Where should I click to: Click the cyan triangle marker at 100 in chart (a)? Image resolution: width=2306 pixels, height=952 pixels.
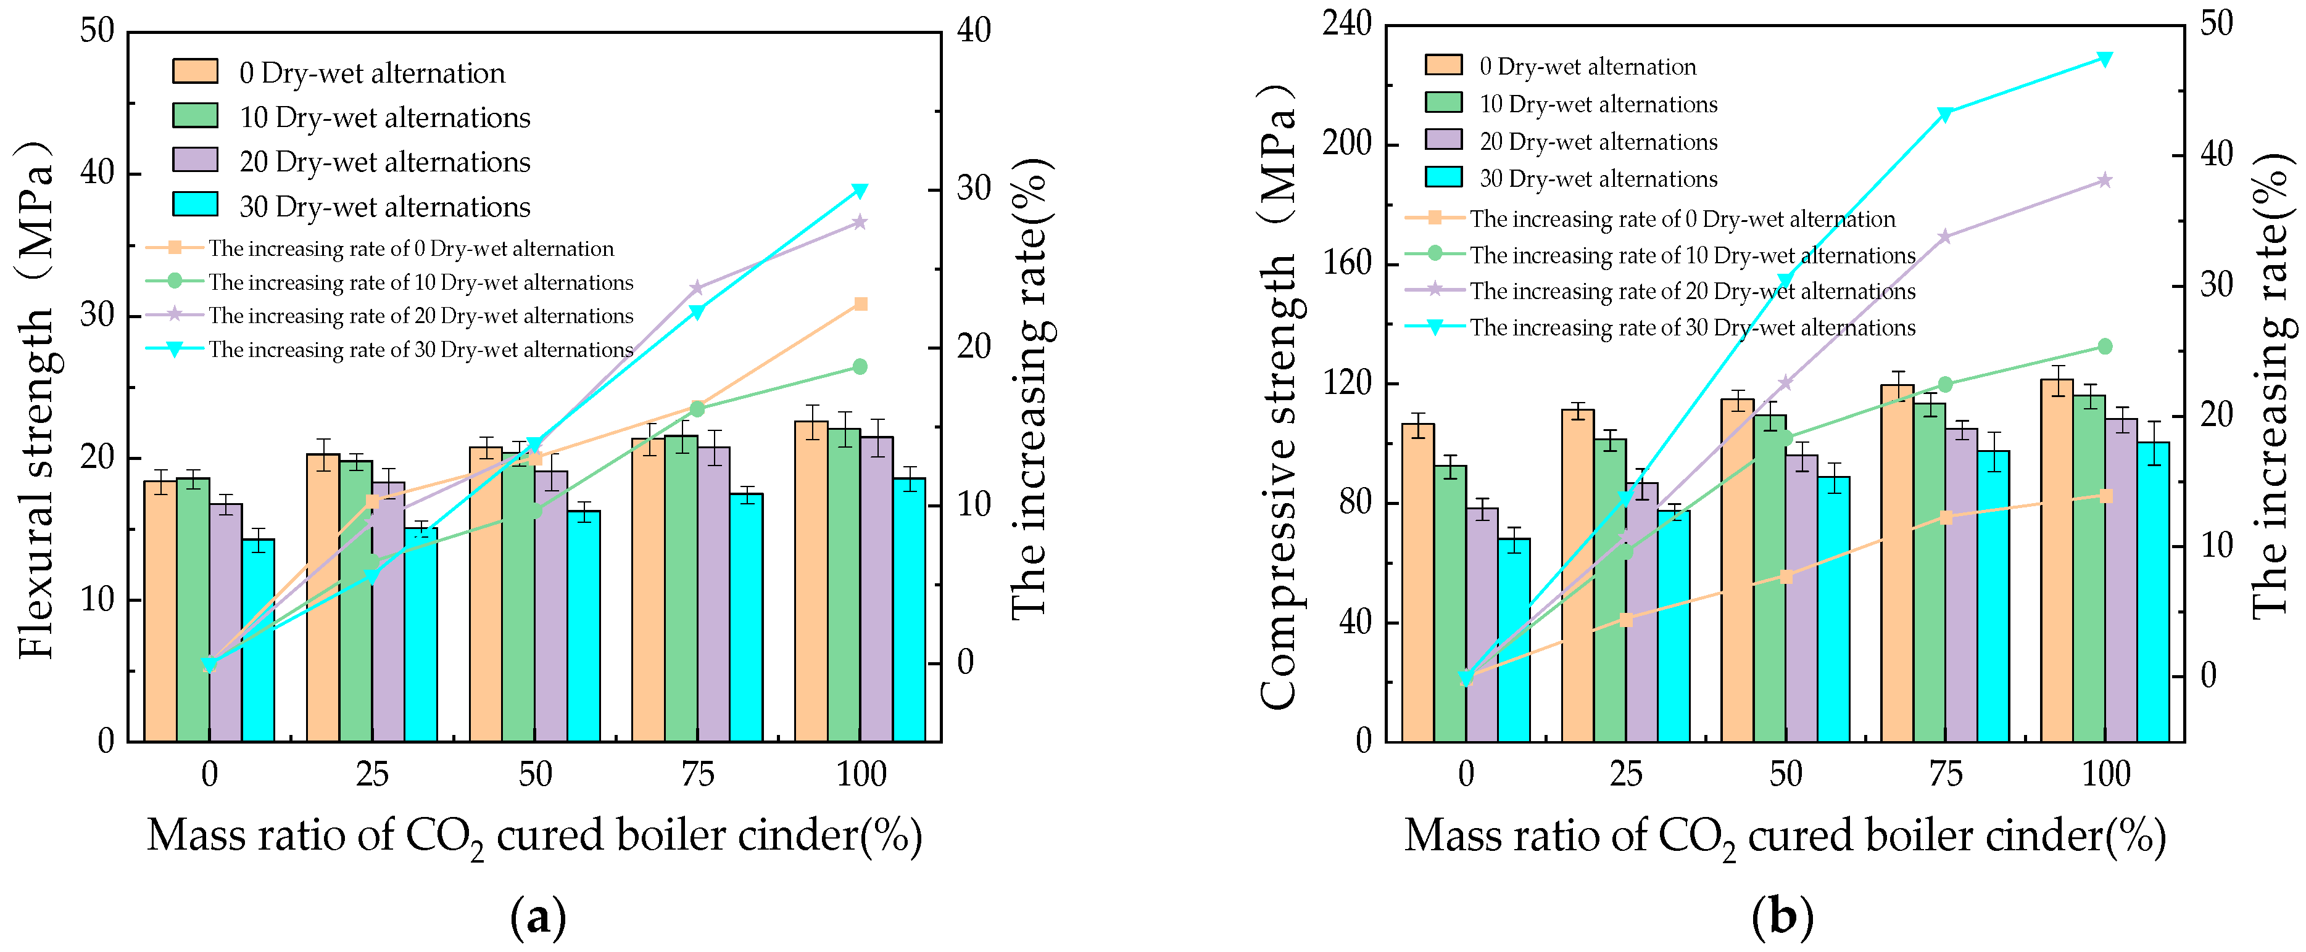[x=860, y=191]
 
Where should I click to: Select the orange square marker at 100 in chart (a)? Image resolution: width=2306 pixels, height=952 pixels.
[x=860, y=304]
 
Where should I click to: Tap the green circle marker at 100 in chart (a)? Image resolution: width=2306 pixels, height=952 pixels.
[x=860, y=367]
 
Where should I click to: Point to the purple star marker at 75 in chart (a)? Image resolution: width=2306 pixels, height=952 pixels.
[x=697, y=288]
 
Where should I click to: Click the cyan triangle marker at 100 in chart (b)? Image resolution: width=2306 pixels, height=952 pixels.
[x=2105, y=59]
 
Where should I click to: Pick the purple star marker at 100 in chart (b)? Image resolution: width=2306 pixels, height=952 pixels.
[x=2105, y=181]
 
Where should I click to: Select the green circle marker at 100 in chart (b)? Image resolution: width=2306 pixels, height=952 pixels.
[x=2105, y=347]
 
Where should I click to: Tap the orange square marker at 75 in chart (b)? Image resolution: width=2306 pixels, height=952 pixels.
[x=1944, y=517]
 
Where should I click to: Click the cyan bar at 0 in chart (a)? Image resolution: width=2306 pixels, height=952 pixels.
[x=258, y=640]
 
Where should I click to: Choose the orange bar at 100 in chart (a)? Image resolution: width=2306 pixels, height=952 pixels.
[x=811, y=581]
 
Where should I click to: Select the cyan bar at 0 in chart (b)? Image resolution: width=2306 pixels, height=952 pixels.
[x=1514, y=640]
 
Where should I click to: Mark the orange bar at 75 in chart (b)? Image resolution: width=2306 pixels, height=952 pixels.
[x=1896, y=564]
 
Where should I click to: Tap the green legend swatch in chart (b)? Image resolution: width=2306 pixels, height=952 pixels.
[x=1443, y=103]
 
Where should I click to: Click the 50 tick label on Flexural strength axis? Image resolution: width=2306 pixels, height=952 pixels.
[x=97, y=31]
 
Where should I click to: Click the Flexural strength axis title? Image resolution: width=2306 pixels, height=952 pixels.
[x=36, y=398]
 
